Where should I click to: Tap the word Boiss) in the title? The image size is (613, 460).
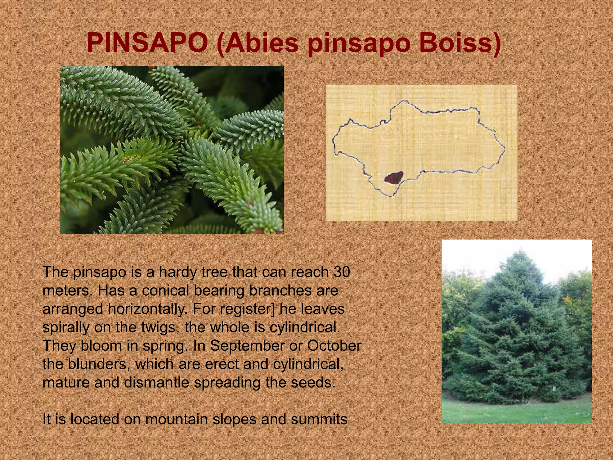(460, 43)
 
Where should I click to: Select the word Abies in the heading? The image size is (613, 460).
(258, 43)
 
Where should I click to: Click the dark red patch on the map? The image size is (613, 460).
(394, 178)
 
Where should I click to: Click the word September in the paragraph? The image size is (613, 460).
(247, 346)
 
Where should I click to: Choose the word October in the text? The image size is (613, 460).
(334, 346)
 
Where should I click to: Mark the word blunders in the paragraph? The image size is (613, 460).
(99, 364)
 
